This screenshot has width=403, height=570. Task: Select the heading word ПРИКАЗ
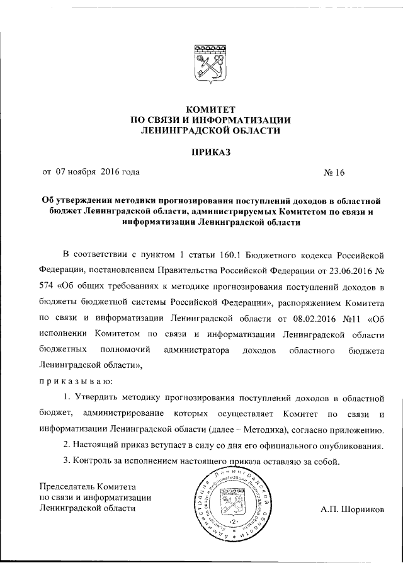[208, 152]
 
